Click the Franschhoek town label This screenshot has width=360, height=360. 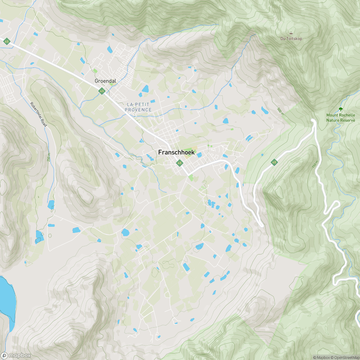click(176, 152)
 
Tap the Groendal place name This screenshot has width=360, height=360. click(105, 81)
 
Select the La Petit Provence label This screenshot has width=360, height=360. click(139, 107)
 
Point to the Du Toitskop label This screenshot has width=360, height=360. click(291, 39)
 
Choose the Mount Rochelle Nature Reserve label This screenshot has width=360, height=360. click(340, 117)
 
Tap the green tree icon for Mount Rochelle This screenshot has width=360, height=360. click(341, 109)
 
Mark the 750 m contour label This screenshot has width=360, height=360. click(316, 165)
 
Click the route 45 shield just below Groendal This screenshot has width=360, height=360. click(102, 91)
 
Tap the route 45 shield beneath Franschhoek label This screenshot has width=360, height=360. click(179, 163)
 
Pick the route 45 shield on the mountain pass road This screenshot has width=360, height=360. click(274, 162)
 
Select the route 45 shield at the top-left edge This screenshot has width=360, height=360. click(6, 42)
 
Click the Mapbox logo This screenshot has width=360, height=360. click(16, 355)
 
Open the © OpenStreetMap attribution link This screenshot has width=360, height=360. click(345, 357)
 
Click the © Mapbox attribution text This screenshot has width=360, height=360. click(321, 357)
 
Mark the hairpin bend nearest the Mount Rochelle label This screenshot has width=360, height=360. click(314, 121)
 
